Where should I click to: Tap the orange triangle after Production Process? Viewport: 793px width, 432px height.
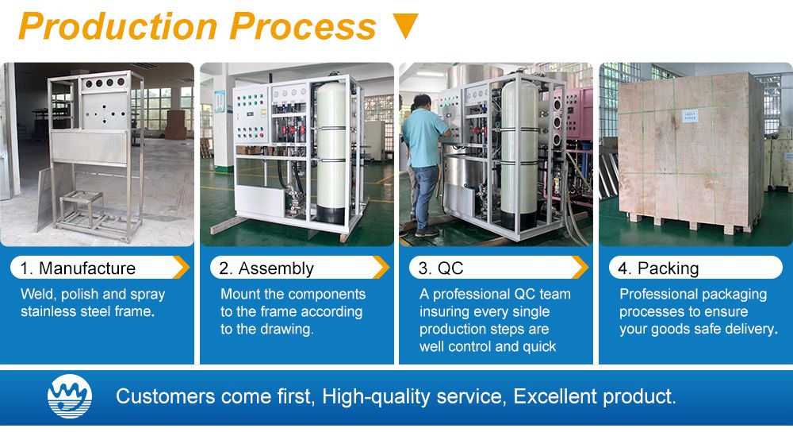(405, 26)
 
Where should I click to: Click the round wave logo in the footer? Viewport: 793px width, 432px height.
(70, 395)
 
